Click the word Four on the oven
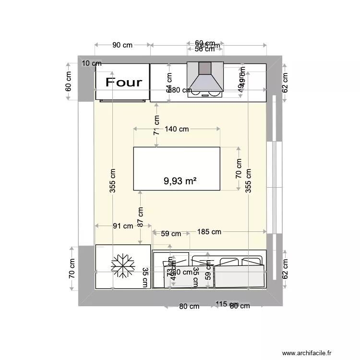click(124, 82)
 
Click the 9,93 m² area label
click(181, 181)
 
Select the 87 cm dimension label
click(140, 217)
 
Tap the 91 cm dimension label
click(123, 226)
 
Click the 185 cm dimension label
click(209, 232)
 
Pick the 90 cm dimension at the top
click(122, 45)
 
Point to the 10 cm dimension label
click(91, 63)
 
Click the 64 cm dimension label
click(168, 82)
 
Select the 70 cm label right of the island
click(239, 169)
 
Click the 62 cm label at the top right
click(285, 82)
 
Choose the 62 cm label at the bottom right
click(285, 269)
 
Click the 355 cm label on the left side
click(112, 180)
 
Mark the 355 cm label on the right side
click(248, 180)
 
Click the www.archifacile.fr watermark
click(307, 353)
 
